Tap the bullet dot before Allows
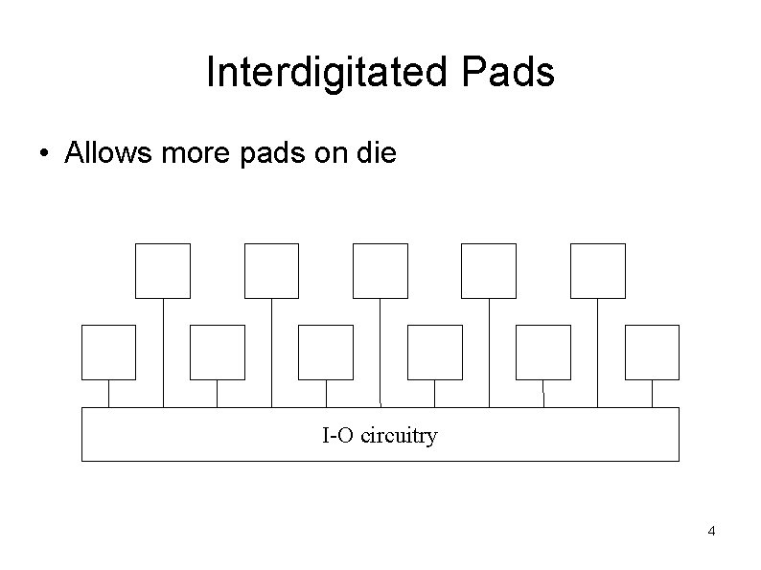tap(45, 153)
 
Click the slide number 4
tap(711, 532)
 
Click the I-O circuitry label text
tap(380, 437)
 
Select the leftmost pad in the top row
tap(163, 270)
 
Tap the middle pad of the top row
tap(380, 270)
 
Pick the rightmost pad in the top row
tap(598, 270)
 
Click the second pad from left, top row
tap(272, 270)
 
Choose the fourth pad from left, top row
tap(489, 270)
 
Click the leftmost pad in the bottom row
tap(108, 352)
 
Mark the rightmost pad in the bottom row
tap(652, 352)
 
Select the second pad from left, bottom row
tap(218, 352)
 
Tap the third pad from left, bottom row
tap(326, 352)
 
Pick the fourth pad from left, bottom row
tap(435, 352)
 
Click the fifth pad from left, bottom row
tap(543, 352)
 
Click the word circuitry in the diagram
tap(400, 437)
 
